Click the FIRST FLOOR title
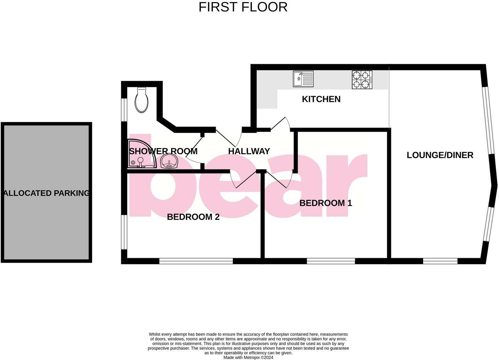[243, 7]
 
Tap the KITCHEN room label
[321, 99]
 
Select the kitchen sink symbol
[303, 79]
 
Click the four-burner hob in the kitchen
[362, 80]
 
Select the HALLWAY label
[249, 151]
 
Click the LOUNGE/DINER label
[440, 155]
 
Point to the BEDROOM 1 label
[326, 203]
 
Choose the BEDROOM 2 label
[193, 217]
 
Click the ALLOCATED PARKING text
[46, 193]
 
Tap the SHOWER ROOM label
[163, 151]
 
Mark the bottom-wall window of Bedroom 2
[196, 261]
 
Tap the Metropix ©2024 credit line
[248, 358]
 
